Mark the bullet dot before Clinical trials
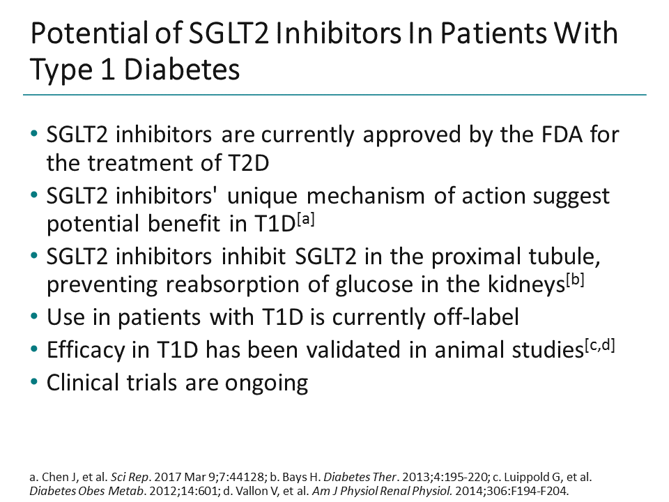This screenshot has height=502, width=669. pos(36,380)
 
